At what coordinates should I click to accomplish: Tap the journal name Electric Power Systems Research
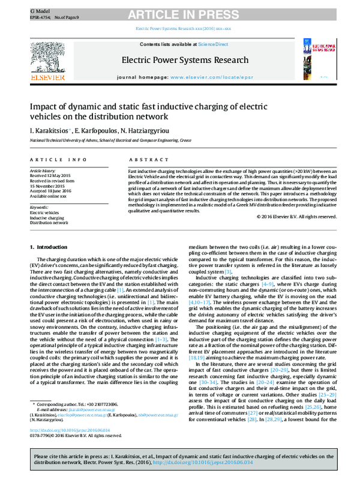point(185,60)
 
